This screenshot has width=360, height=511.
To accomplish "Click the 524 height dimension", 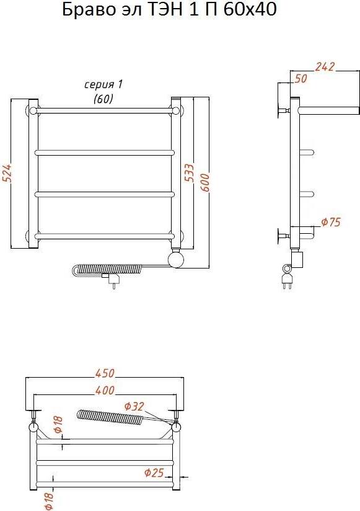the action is (8, 173).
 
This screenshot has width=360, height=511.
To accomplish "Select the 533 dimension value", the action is (190, 173).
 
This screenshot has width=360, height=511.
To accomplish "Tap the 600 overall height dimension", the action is (205, 182).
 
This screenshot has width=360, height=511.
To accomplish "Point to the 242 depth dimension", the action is (325, 66).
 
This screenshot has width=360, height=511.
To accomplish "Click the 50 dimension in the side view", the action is (301, 79).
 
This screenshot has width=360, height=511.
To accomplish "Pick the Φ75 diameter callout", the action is (331, 222).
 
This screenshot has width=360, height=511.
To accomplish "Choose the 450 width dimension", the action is (105, 373).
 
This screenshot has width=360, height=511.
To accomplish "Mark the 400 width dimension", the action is (105, 390).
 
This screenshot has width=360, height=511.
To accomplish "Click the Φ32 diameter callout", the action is (134, 406).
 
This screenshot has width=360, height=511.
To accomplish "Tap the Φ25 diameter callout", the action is (154, 472).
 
